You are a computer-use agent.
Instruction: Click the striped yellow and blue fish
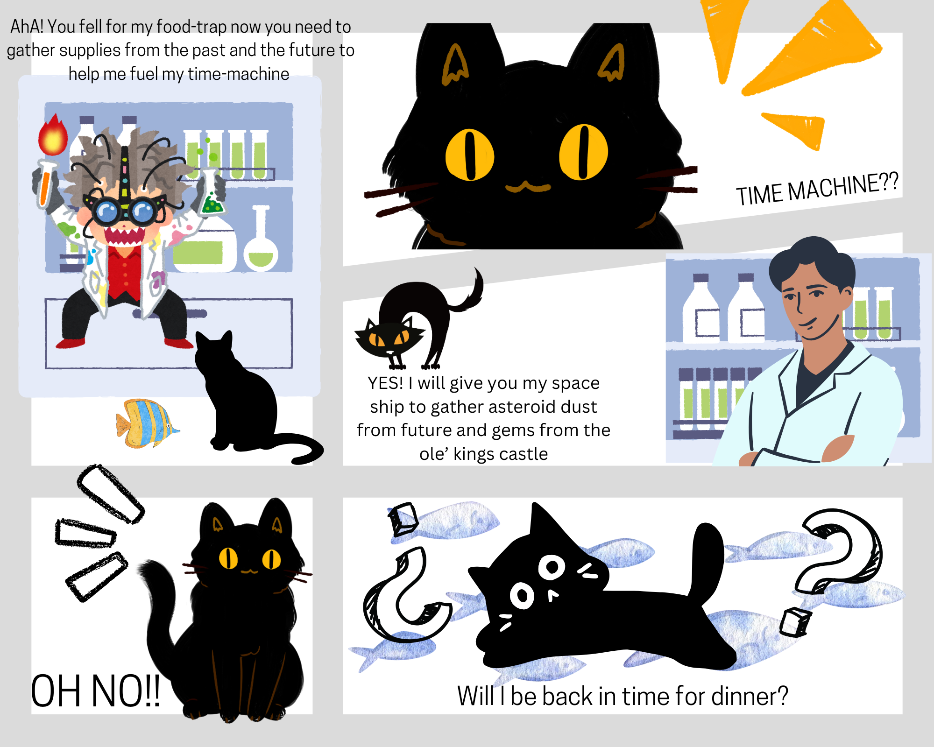click(147, 423)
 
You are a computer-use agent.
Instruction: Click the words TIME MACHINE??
click(817, 189)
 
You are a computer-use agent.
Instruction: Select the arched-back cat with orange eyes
click(418, 322)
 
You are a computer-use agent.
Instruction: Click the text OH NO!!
click(96, 691)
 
